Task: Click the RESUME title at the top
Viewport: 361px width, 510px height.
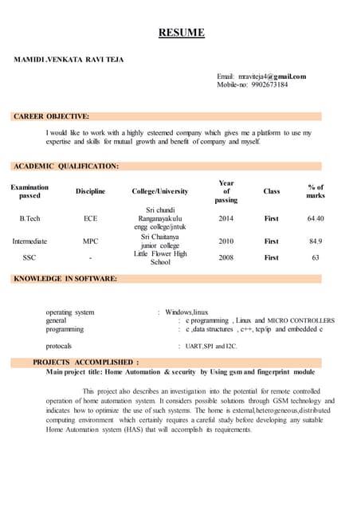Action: pyautogui.click(x=181, y=33)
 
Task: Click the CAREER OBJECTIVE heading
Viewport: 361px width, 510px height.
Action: pyautogui.click(x=52, y=116)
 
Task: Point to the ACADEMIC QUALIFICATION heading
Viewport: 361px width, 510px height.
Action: pyautogui.click(x=66, y=166)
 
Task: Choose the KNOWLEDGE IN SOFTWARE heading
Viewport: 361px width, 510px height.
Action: pyautogui.click(x=65, y=279)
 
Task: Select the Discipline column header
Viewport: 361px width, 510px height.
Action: pyautogui.click(x=90, y=192)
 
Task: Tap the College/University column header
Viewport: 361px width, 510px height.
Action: pyautogui.click(x=160, y=192)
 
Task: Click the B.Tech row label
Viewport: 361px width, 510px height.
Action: pyautogui.click(x=29, y=218)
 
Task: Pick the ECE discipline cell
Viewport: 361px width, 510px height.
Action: pyautogui.click(x=90, y=218)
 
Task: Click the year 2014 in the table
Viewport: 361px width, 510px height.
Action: pyautogui.click(x=226, y=218)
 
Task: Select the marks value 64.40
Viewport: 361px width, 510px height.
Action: pyautogui.click(x=316, y=218)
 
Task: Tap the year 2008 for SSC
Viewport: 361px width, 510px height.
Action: pyautogui.click(x=226, y=257)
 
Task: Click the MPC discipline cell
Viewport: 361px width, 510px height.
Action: pyautogui.click(x=90, y=241)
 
